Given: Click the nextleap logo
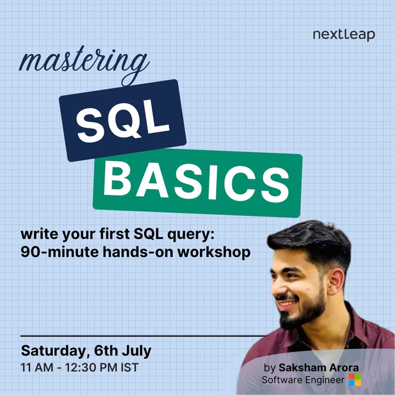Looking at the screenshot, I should [344, 35].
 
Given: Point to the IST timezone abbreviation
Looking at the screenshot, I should [129, 368].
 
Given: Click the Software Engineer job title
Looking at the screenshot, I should [303, 380].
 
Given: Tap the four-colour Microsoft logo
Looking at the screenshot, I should [355, 380].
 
